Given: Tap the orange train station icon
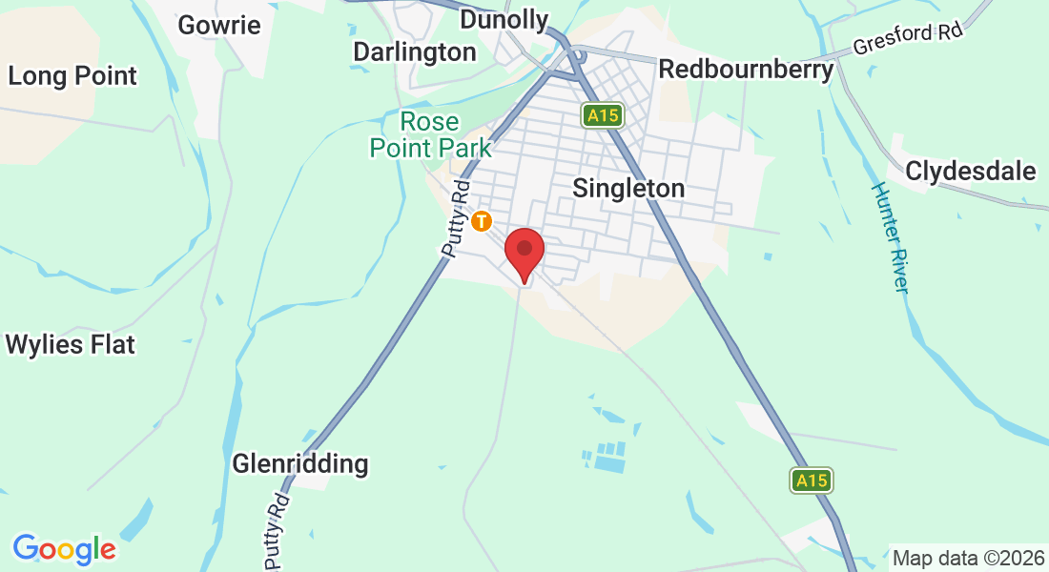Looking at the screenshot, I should (483, 221).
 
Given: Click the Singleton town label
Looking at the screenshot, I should (628, 188).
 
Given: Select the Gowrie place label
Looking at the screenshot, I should (219, 25).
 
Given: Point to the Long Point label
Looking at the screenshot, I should (72, 76).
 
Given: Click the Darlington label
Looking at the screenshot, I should (414, 51).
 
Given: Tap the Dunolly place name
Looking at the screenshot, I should (504, 20).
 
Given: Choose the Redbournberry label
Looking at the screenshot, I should (746, 70).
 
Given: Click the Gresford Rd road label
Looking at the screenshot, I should (907, 39).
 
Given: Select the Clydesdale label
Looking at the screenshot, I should (971, 172).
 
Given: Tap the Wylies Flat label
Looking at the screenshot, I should (71, 344).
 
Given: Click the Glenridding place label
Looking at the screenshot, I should (300, 464).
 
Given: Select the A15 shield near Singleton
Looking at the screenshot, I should (603, 115).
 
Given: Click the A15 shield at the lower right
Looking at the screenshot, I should (812, 480).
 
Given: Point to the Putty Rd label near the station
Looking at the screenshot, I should (456, 217).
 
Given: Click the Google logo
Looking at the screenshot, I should (64, 549).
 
